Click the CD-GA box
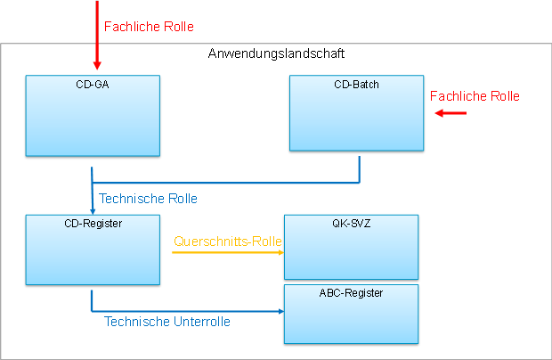pos(93,120)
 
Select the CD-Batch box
pos(356,116)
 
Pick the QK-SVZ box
pos(350,250)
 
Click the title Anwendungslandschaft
pos(276,53)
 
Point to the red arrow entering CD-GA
pos(97,36)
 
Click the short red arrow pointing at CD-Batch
pos(451,113)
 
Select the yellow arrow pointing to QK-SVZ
pos(227,252)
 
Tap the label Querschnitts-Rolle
pos(228,241)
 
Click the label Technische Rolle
pos(148,198)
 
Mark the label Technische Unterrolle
pos(167,322)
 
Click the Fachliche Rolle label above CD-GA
pos(149,27)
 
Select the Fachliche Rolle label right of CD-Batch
pos(475,96)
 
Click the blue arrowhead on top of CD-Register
pos(93,210)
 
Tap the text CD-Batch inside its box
pos(356,85)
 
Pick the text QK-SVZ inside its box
pos(350,223)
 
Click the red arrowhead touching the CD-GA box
pos(97,66)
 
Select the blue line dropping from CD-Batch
pos(360,169)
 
